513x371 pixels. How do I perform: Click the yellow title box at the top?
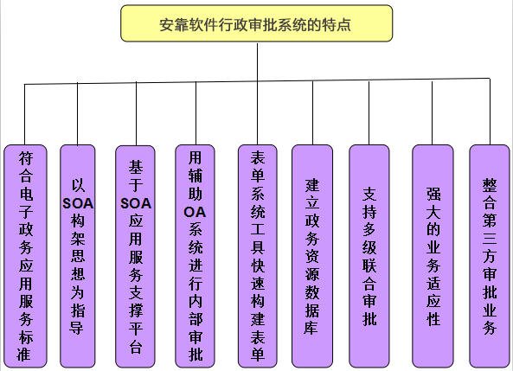coord(256,23)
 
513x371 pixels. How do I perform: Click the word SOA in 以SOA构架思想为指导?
coord(78,204)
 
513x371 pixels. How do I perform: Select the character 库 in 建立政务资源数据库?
coord(312,328)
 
